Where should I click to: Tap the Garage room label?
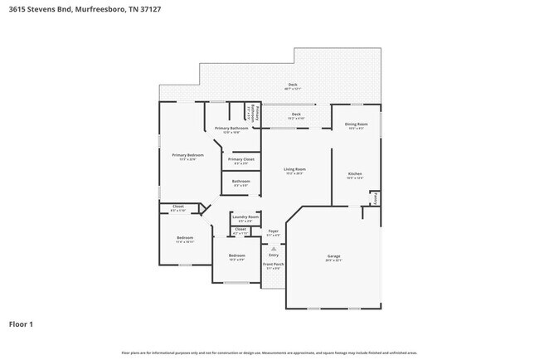(x=334, y=257)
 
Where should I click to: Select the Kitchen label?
(x=355, y=173)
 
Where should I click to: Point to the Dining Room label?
(x=357, y=124)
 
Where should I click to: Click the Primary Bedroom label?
(x=187, y=155)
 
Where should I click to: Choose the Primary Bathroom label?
(x=232, y=129)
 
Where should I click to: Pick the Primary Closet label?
(x=241, y=159)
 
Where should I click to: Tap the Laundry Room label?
(x=245, y=216)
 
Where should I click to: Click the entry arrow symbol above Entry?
(x=273, y=247)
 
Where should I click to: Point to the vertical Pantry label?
(x=375, y=198)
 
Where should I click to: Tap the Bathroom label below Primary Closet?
(x=241, y=181)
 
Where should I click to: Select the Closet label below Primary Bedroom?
(x=177, y=207)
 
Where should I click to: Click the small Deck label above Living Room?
(x=296, y=114)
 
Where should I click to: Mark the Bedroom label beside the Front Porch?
(x=236, y=255)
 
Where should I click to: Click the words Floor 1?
(x=22, y=324)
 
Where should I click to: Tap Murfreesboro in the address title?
(x=104, y=10)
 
